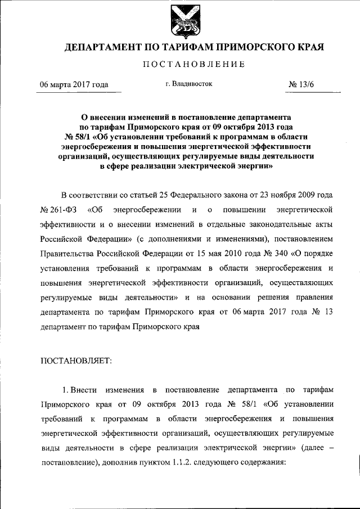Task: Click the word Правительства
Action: click(x=65, y=254)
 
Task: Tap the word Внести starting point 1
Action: click(x=88, y=389)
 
